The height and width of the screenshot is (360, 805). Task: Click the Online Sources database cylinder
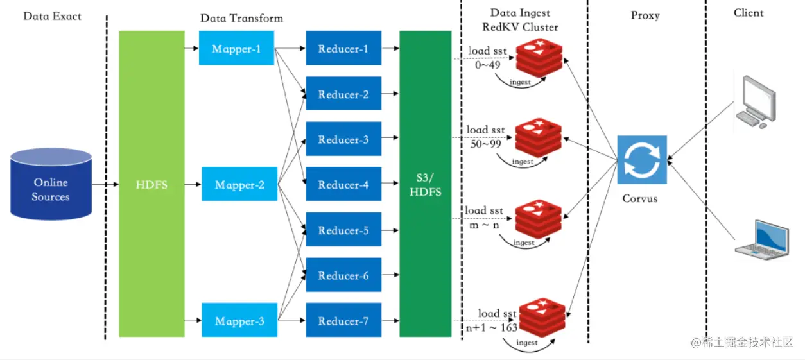click(51, 182)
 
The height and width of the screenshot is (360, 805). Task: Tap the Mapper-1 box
click(236, 49)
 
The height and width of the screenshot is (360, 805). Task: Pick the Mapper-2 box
click(239, 185)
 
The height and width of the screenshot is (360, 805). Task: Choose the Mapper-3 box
click(239, 321)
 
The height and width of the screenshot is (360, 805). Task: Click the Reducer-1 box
click(343, 49)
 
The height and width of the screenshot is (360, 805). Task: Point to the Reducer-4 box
click(343, 185)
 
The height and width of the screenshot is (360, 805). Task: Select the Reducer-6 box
click(343, 275)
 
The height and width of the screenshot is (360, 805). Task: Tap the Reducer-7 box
click(343, 321)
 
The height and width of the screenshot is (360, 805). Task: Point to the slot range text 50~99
click(485, 143)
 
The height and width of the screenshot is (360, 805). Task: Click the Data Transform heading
click(241, 18)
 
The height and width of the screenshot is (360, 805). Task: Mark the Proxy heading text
click(645, 15)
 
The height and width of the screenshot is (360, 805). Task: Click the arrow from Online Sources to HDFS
click(105, 184)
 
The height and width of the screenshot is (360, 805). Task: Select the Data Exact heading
click(52, 15)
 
